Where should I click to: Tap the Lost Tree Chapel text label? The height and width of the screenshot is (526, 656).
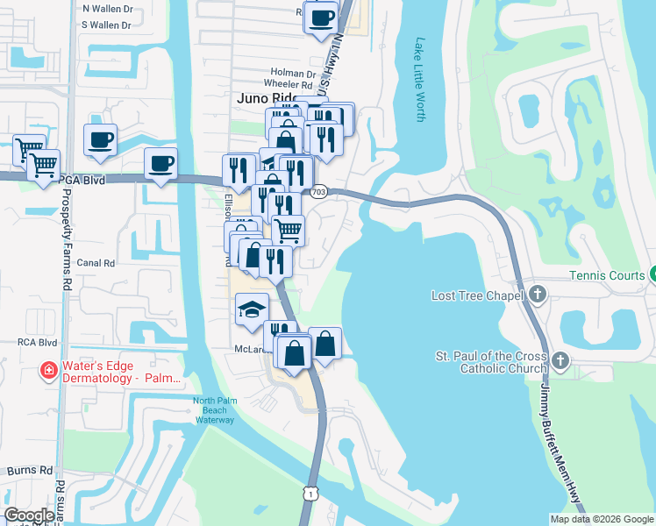478,295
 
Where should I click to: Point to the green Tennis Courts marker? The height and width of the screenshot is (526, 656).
652,275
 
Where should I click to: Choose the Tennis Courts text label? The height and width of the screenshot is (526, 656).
607,275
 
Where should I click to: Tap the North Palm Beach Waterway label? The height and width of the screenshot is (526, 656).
214,411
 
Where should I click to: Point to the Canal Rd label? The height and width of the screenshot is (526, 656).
96,262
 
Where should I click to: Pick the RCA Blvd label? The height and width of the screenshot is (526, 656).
37,343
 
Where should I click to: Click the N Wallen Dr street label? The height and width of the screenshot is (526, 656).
105,8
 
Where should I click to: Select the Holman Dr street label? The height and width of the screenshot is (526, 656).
293,74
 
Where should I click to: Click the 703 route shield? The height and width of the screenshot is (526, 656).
318,191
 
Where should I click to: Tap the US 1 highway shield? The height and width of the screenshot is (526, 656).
310,494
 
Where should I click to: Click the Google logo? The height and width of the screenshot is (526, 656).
30,515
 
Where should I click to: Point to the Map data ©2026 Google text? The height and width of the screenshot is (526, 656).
601,519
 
